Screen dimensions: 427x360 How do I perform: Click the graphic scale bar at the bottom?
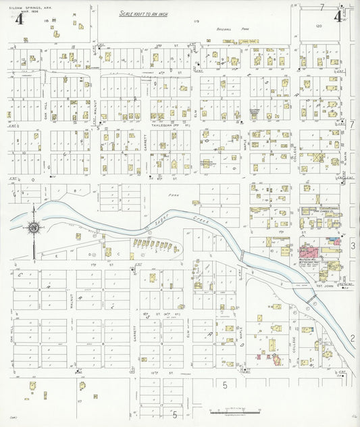tap(235, 410)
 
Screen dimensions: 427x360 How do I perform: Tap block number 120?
tap(317, 25)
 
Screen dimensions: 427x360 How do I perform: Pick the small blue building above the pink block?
tap(331, 240)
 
